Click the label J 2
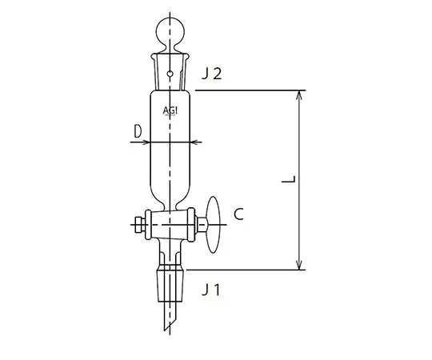point(211,74)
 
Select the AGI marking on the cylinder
point(170,111)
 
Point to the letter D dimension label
point(138,129)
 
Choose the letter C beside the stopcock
point(238,214)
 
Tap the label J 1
point(212,289)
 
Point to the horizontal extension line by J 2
point(248,91)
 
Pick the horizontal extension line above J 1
point(248,270)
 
